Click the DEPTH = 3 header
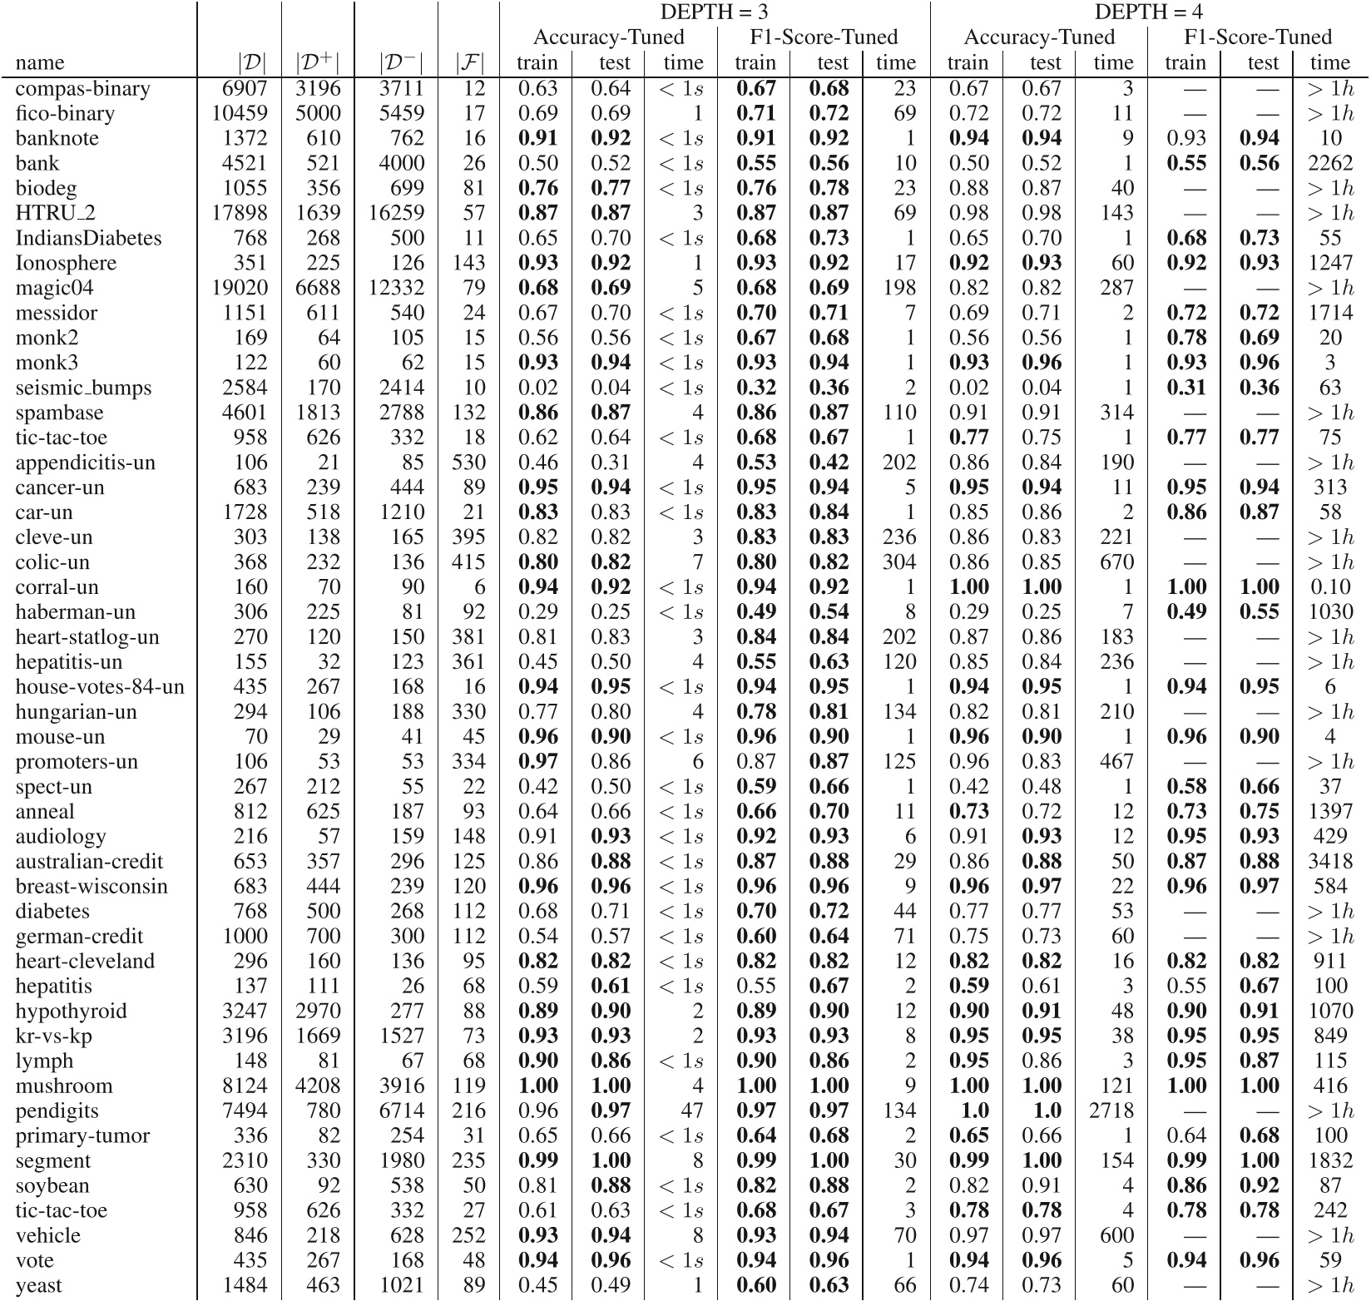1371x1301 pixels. tap(714, 12)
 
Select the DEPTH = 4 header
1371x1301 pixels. tap(1148, 12)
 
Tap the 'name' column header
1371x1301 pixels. tap(39, 63)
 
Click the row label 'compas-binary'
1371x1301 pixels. tap(82, 89)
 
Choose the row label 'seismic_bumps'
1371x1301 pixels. tap(83, 388)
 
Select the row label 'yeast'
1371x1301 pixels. tap(38, 1286)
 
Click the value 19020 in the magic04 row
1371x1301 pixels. tap(240, 289)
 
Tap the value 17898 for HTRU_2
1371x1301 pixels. tap(240, 214)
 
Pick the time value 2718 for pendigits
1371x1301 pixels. tap(1111, 1111)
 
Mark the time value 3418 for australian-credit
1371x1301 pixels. tap(1330, 862)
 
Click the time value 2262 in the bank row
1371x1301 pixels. tap(1330, 164)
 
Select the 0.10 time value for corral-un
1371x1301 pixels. tap(1330, 587)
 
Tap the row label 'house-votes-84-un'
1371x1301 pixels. tap(99, 687)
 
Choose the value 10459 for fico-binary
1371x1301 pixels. tap(240, 114)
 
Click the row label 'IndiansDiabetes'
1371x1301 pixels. tap(88, 239)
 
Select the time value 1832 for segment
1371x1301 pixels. tap(1330, 1161)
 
